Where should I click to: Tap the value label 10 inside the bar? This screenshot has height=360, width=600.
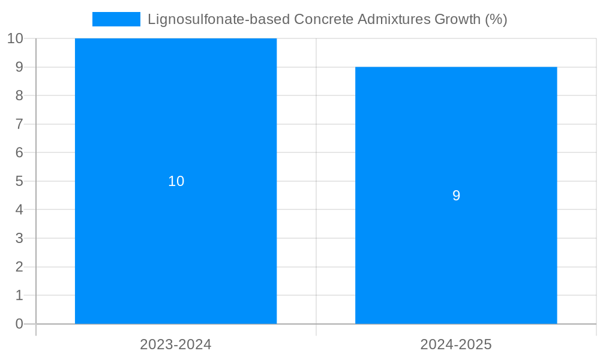click(x=176, y=181)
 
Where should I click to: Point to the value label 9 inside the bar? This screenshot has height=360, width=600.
click(x=456, y=196)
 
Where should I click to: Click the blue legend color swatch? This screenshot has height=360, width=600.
click(x=116, y=19)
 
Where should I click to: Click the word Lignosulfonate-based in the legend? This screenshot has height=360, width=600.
click(x=218, y=19)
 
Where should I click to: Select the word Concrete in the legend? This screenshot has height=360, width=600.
click(x=323, y=19)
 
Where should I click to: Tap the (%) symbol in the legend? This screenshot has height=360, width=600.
click(x=496, y=19)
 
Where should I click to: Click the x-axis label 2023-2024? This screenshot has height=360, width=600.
click(x=176, y=344)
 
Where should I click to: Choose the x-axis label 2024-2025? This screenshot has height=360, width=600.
click(x=456, y=344)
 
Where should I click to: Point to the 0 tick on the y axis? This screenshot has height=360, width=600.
click(x=19, y=324)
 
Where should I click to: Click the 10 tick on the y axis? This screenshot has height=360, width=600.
click(x=15, y=38)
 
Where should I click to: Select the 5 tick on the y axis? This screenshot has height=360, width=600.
click(x=19, y=181)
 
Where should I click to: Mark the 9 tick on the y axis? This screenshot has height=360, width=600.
click(x=19, y=67)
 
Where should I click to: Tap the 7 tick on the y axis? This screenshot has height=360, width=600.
click(x=19, y=124)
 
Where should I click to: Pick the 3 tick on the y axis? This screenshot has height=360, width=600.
click(x=19, y=238)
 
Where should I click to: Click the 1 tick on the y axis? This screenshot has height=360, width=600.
click(x=19, y=295)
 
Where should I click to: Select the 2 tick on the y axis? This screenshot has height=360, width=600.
click(x=19, y=267)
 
